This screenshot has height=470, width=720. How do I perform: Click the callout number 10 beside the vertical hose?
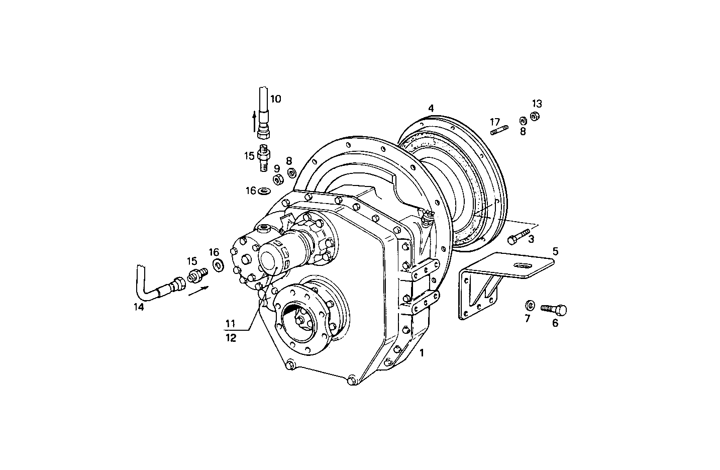(275, 99)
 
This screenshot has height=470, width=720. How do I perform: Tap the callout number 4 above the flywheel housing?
(431, 108)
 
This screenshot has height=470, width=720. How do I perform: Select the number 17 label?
(495, 122)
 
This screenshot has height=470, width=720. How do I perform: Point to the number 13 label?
(537, 104)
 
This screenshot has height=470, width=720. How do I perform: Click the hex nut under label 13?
(535, 116)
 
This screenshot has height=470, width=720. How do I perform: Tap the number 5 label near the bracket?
(555, 251)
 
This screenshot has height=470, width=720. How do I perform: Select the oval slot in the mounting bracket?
(523, 266)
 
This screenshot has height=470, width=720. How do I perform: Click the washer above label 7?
(529, 306)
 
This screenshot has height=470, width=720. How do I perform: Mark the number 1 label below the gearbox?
(422, 353)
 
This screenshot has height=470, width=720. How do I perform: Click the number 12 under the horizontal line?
(230, 338)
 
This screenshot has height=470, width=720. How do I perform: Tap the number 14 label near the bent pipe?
(139, 307)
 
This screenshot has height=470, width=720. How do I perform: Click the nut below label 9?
(277, 179)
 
